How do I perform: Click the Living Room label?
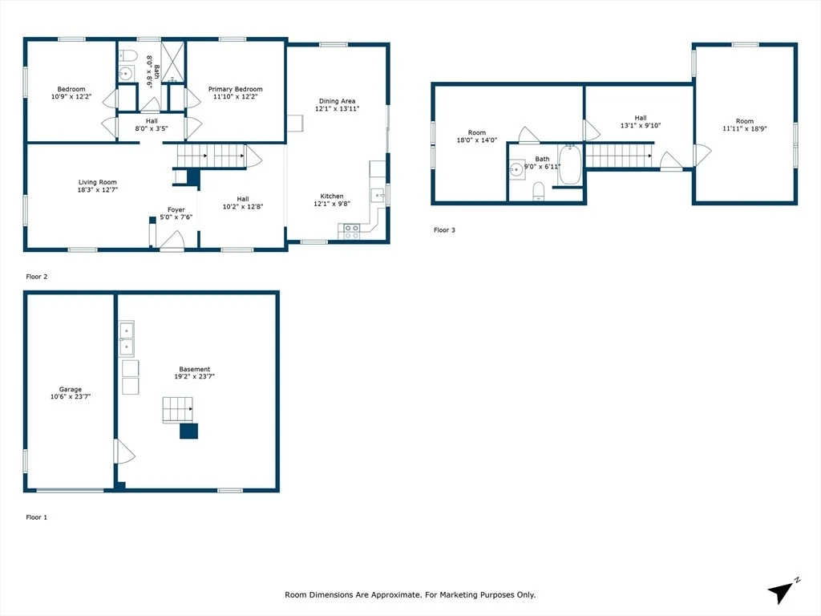tap(97, 182)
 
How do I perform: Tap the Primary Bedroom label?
tap(235, 89)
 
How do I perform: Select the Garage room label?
tap(71, 389)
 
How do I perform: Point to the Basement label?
tap(194, 369)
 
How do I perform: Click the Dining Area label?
tap(338, 101)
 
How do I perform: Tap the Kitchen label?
tap(332, 196)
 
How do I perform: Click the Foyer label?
tap(176, 209)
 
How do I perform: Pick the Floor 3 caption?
tap(444, 230)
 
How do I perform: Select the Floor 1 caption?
tap(37, 517)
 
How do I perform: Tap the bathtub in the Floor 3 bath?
tap(570, 164)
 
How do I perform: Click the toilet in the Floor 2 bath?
tap(127, 55)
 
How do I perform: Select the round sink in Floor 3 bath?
tap(517, 169)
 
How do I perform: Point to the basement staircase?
tap(178, 410)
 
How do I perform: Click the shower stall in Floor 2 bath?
tap(173, 63)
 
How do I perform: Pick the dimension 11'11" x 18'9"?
tap(745, 128)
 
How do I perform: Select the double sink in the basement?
tap(126, 339)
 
